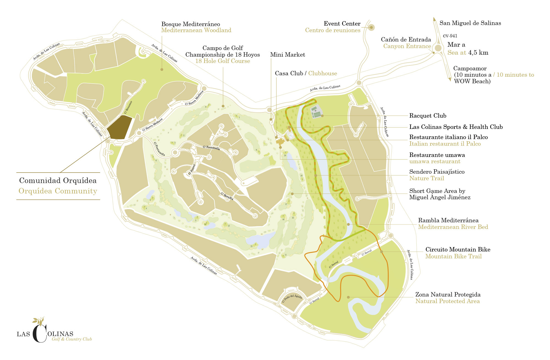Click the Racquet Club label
tap(428, 116)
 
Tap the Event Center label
tap(342, 24)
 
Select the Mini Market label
tap(287, 55)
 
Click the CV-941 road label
tap(450, 36)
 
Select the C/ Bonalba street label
tap(227, 196)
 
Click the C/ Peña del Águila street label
tap(292, 298)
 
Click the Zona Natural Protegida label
tap(448, 295)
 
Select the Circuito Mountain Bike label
tap(458, 250)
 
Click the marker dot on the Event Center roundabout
tap(371, 27)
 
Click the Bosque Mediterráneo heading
tap(191, 24)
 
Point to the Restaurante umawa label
tap(437, 155)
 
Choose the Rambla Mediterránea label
tap(448, 220)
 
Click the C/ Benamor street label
tap(128, 107)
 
